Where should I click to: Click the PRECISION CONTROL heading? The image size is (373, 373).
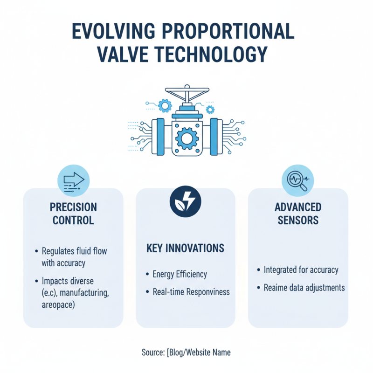[x=73, y=213]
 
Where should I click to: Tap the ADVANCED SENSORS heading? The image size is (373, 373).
[x=299, y=213]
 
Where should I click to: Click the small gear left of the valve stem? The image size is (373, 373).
[x=165, y=106]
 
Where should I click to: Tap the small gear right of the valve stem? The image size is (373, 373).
[x=210, y=110]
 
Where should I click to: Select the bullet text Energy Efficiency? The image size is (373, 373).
[x=180, y=274]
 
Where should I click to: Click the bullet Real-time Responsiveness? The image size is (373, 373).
[x=191, y=292]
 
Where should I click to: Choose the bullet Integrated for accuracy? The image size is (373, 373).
[x=301, y=269]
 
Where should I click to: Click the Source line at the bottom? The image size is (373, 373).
[x=186, y=352]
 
